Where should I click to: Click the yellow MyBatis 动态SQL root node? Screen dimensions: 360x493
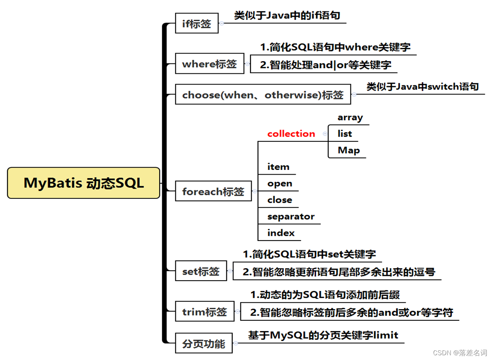pos(83,183)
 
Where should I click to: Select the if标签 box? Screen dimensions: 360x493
pos(196,23)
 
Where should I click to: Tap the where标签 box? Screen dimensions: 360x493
pos(209,64)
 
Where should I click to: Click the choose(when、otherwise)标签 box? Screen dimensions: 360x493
pos(263,94)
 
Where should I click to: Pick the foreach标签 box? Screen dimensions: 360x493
pos(213,192)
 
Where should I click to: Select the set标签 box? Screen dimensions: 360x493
pos(201,271)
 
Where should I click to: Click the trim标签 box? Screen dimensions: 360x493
pos(204,312)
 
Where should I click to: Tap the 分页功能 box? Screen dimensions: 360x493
pos(204,343)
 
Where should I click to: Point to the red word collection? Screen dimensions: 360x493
pos(291,134)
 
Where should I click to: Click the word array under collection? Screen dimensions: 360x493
pos(350,117)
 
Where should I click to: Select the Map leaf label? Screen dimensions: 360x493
pos(349,150)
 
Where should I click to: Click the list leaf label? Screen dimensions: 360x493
pos(345,134)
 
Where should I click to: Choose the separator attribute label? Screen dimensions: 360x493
pos(291,216)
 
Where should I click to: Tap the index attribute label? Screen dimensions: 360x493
pos(281,233)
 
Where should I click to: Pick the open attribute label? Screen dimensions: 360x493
pos(279,183)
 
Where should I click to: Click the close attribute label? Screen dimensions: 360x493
pos(279,200)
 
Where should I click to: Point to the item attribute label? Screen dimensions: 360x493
pos(278,167)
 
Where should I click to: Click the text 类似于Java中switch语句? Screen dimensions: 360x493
pos(422,87)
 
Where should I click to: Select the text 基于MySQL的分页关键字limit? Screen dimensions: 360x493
pos(323,335)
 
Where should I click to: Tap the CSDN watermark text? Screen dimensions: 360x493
pos(460,353)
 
